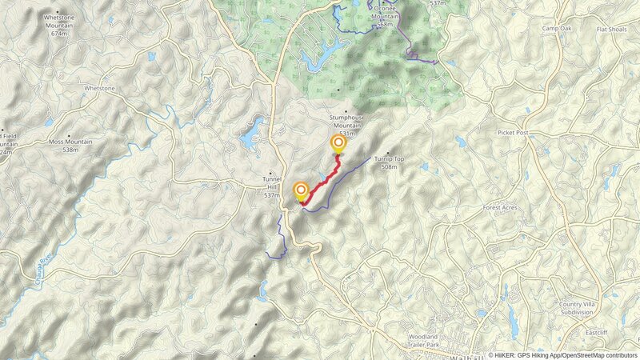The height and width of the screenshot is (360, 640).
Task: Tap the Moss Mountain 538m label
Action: pos(70,145)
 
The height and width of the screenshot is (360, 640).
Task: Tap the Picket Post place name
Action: pos(513,132)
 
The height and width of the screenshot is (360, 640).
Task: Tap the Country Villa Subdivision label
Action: pos(581,309)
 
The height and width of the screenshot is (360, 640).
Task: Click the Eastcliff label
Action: pos(597,332)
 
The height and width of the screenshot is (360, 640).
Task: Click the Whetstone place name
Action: pos(100,88)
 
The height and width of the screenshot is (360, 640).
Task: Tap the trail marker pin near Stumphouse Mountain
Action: pos(338,144)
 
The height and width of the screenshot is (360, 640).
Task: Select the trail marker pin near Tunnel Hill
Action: pos(302,191)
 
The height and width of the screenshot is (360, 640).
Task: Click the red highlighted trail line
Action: pos(322,181)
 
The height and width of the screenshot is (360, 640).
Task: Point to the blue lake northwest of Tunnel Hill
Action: pos(250,134)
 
